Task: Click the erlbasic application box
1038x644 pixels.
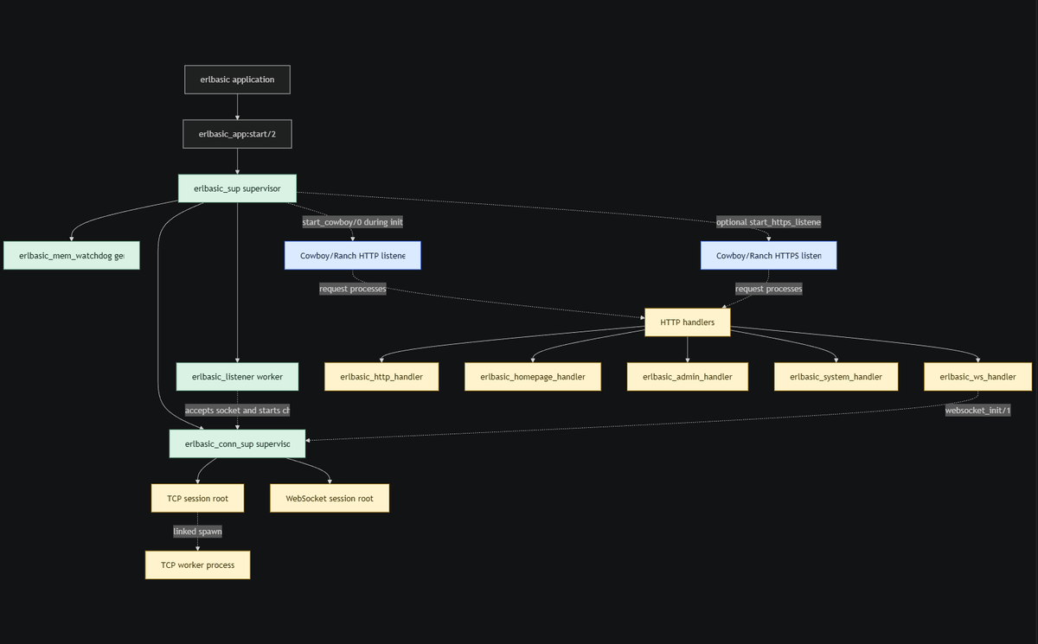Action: (237, 80)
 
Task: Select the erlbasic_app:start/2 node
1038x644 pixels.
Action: (237, 134)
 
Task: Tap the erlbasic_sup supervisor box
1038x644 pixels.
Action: (237, 188)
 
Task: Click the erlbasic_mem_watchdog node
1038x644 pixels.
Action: (71, 256)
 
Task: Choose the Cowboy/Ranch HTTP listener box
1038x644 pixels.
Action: (352, 256)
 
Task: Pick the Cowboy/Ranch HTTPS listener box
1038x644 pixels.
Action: (768, 256)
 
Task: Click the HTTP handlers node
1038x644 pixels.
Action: (687, 322)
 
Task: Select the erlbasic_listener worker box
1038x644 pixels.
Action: (237, 377)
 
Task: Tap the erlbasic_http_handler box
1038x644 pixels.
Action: (381, 377)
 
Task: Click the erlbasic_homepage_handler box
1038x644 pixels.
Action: (533, 377)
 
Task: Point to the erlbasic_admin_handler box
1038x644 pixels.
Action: (687, 377)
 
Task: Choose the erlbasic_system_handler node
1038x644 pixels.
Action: (836, 377)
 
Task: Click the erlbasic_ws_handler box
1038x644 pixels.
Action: (977, 377)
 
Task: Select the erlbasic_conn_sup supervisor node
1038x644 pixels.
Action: (237, 443)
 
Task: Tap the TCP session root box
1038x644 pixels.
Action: (197, 498)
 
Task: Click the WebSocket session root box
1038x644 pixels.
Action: (330, 498)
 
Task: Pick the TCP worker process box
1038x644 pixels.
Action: (197, 565)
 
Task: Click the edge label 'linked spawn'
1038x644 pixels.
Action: (197, 532)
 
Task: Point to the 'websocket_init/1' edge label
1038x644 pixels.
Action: (977, 410)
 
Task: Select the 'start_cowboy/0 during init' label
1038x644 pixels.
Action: (352, 222)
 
